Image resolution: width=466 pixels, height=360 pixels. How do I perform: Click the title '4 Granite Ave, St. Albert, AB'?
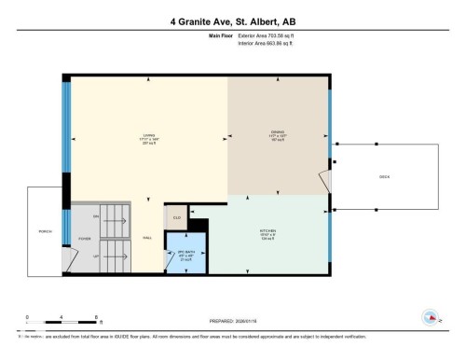coord(233,21)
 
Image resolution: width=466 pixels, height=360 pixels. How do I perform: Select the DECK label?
coord(383,175)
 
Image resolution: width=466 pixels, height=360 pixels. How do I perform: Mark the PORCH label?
coord(44,230)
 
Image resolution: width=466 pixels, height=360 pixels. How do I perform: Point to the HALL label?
coord(147,239)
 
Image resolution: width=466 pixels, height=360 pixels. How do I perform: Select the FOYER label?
coord(84,239)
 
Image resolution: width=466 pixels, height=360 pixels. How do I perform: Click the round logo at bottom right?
coord(429,317)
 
